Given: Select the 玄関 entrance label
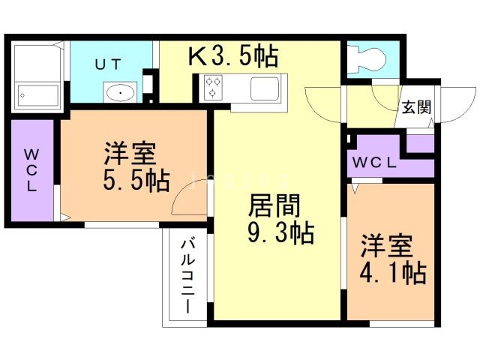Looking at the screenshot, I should pos(415,107).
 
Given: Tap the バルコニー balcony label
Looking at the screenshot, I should pos(186,276).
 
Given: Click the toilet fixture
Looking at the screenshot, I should pos(367,58).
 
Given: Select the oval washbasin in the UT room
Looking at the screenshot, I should pos(119,92).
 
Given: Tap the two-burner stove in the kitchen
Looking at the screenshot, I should pos(212,88).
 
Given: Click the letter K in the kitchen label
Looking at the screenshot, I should pos(196,56).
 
